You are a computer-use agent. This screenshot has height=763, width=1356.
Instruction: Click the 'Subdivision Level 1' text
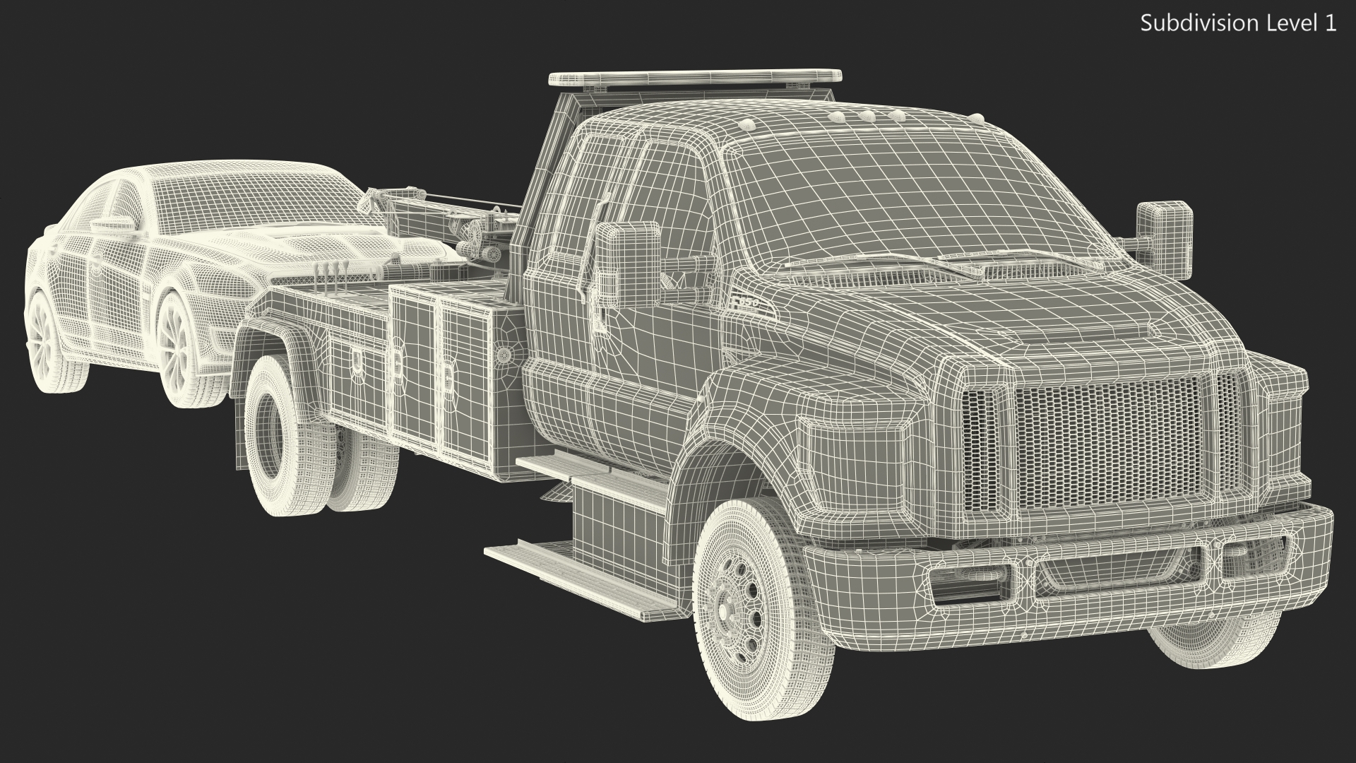1238,23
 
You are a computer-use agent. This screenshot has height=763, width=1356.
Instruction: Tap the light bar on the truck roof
696,78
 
